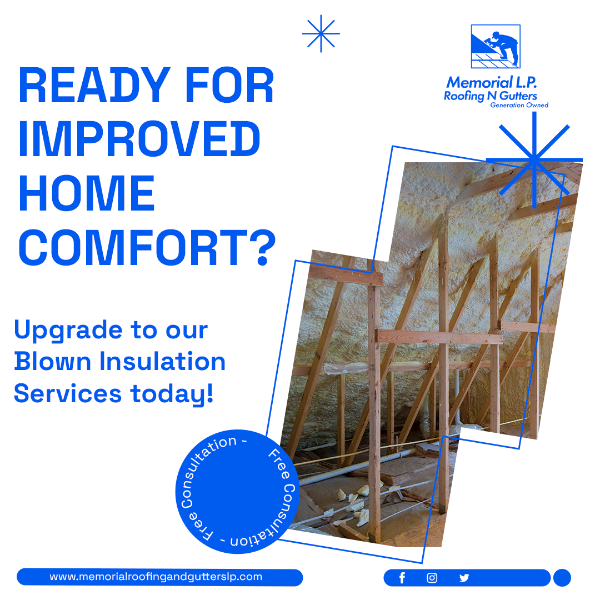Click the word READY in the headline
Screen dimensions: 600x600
pyautogui.click(x=94, y=85)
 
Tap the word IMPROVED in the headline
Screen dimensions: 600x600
pyautogui.click(x=139, y=138)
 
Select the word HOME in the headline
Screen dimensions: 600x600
pyautogui.click(x=87, y=193)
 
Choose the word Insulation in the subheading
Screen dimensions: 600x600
pyautogui.click(x=163, y=361)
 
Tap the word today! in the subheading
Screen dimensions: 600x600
pyautogui.click(x=172, y=393)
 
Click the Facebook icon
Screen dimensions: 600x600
pyautogui.click(x=402, y=578)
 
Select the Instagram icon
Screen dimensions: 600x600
pyautogui.click(x=432, y=578)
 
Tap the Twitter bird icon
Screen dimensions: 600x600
pyautogui.click(x=464, y=578)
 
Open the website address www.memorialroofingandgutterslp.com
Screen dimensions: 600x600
pyautogui.click(x=156, y=577)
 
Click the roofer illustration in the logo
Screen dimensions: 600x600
pyautogui.click(x=496, y=46)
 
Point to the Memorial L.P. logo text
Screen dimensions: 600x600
pyautogui.click(x=491, y=82)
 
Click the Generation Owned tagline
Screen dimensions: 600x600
pyautogui.click(x=519, y=105)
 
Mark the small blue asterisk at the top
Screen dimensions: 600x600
pyautogui.click(x=321, y=34)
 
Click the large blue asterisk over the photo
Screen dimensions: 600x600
pyautogui.click(x=534, y=160)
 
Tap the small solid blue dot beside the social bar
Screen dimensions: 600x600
pyautogui.click(x=562, y=578)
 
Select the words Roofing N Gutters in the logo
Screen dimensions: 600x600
pyautogui.click(x=491, y=96)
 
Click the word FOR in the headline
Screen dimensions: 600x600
pyautogui.click(x=229, y=85)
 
